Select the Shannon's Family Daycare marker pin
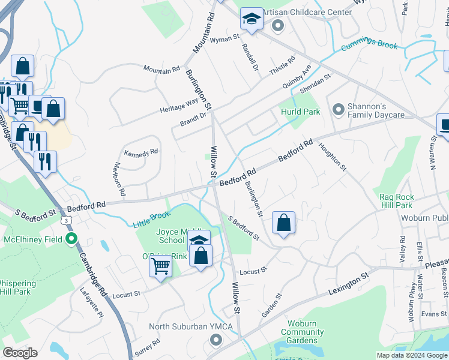(x=339, y=110)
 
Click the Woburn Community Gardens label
(x=303, y=332)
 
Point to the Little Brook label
(x=151, y=220)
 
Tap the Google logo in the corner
(x=20, y=353)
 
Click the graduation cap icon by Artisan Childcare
(x=252, y=19)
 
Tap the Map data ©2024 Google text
(x=411, y=355)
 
